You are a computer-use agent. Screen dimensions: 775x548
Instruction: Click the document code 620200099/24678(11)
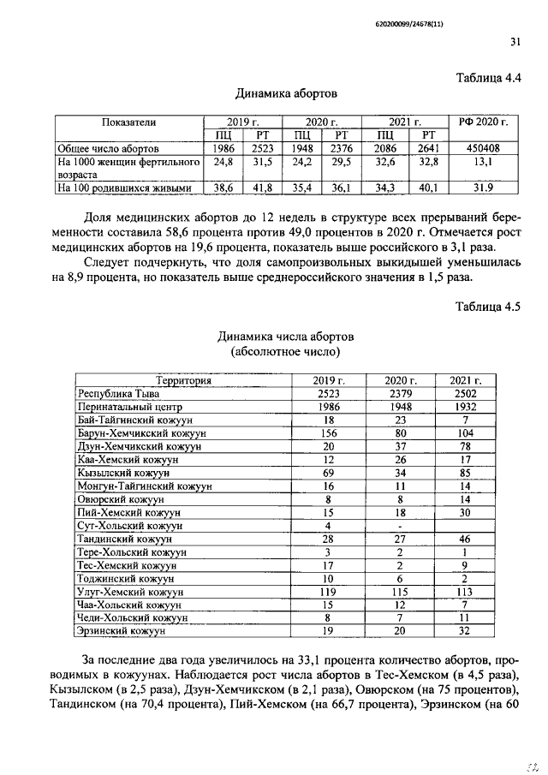click(x=459, y=12)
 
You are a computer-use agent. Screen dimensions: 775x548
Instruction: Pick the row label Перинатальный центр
click(x=130, y=408)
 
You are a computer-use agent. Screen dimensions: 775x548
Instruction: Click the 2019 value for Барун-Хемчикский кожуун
click(x=329, y=434)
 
